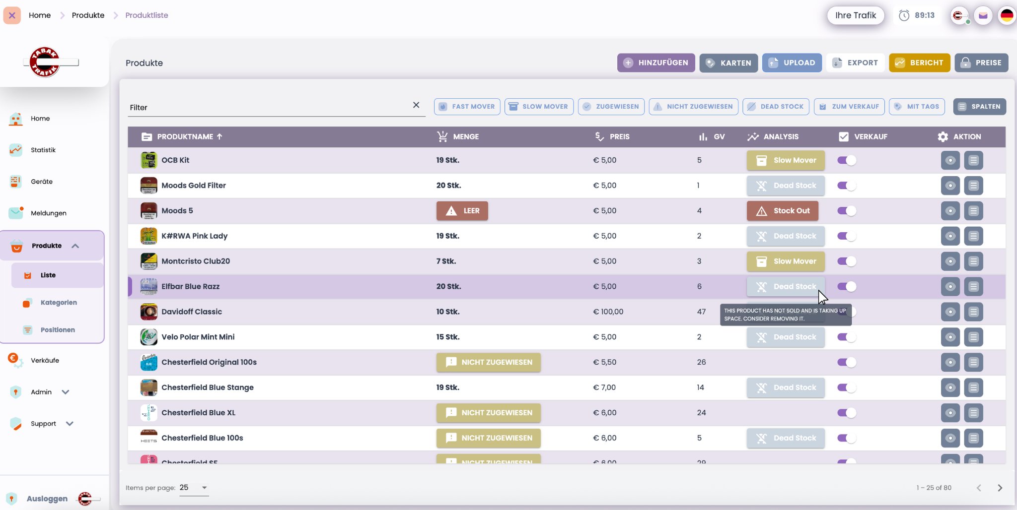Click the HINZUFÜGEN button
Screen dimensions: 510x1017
click(656, 63)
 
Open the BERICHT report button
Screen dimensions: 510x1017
click(919, 63)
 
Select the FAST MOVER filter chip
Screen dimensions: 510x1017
click(467, 107)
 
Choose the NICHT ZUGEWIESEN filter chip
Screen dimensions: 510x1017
click(693, 107)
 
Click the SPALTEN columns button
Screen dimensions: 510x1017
click(979, 107)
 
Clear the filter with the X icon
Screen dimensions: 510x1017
click(416, 105)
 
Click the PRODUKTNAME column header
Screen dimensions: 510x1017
click(185, 137)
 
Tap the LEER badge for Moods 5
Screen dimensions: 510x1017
click(462, 211)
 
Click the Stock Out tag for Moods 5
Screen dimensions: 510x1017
click(782, 211)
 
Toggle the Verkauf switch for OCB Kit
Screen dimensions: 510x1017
click(847, 160)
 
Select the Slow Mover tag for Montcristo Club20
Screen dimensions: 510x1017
click(785, 261)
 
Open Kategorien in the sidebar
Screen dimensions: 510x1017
click(59, 303)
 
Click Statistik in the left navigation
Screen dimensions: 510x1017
click(43, 150)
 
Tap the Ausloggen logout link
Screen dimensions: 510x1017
click(47, 499)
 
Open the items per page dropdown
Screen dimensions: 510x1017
click(194, 488)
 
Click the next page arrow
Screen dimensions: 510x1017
click(1000, 488)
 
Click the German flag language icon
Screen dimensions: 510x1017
click(1007, 15)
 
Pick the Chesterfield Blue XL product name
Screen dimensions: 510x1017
click(198, 413)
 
